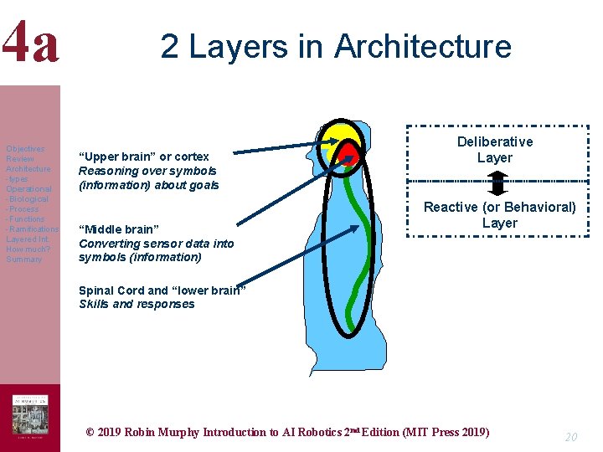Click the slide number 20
pyautogui.click(x=571, y=437)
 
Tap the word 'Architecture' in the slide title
pyautogui.click(x=422, y=45)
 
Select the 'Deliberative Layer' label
pyautogui.click(x=494, y=150)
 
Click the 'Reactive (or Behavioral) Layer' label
pyautogui.click(x=499, y=214)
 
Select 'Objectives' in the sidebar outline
pyautogui.click(x=25, y=149)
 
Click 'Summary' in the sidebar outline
pyautogui.click(x=23, y=259)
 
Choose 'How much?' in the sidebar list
pyautogui.click(x=28, y=249)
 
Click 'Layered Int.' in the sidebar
pyautogui.click(x=28, y=239)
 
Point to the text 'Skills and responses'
pyautogui.click(x=137, y=304)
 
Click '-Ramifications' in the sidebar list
pyautogui.click(x=32, y=229)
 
